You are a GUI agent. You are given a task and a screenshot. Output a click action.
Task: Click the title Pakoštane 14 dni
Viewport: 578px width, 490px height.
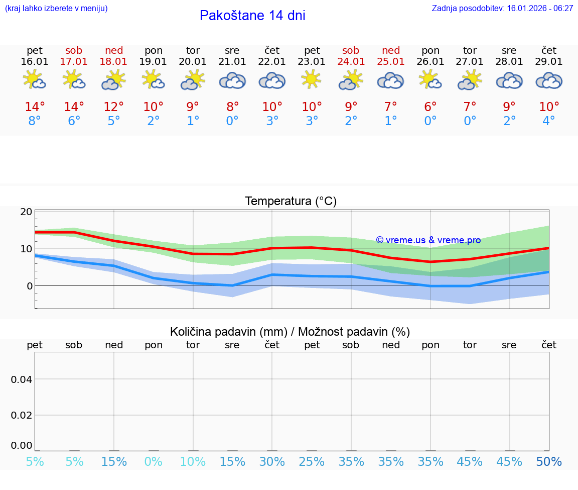click(x=252, y=16)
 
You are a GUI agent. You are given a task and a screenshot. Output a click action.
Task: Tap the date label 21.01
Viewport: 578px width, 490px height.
click(x=232, y=62)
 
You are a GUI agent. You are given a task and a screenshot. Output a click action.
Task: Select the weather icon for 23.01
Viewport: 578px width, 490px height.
click(x=312, y=79)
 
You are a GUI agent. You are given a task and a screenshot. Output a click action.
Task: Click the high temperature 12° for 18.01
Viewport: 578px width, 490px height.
click(x=114, y=107)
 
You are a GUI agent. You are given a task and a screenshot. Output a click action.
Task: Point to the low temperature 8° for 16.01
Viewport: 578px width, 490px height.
click(x=35, y=121)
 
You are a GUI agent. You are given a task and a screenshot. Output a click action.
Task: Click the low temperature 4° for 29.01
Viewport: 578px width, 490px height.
click(x=549, y=121)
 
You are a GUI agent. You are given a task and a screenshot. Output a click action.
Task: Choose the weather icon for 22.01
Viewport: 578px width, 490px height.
click(x=272, y=80)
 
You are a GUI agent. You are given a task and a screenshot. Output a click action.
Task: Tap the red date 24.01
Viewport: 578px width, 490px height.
click(x=351, y=62)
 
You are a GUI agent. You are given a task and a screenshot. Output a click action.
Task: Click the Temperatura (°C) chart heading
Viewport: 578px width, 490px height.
click(x=291, y=202)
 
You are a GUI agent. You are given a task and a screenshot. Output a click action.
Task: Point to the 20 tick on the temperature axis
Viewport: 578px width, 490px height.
click(x=26, y=212)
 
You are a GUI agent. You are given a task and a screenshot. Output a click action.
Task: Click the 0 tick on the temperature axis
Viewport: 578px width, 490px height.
click(x=29, y=286)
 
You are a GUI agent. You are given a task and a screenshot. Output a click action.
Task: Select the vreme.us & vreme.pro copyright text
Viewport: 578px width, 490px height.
click(x=428, y=240)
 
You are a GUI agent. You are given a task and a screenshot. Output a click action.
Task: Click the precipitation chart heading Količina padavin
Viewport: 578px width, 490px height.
click(x=290, y=332)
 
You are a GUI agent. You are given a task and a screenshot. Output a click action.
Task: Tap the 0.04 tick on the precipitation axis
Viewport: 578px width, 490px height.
click(x=22, y=379)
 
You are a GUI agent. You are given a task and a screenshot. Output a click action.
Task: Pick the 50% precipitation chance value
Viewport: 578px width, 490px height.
click(x=549, y=462)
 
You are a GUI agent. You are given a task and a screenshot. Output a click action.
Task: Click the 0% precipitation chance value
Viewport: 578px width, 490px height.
click(x=154, y=462)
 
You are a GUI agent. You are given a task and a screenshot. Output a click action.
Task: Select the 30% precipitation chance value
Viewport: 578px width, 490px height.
click(x=272, y=462)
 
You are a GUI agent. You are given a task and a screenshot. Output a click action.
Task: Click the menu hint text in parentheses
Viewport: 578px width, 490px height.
click(x=56, y=9)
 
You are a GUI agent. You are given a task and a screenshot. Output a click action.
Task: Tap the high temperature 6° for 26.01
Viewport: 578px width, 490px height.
click(x=430, y=107)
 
